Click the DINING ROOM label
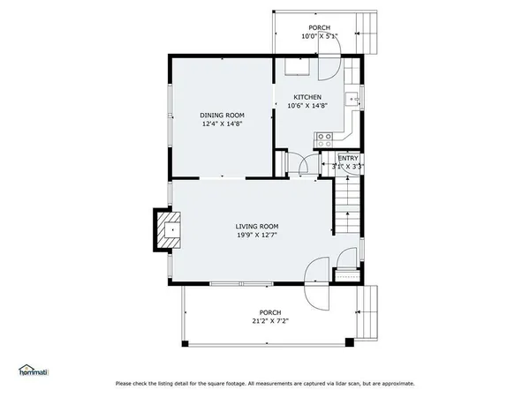point(222,116)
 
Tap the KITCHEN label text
point(307,97)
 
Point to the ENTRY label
point(336,157)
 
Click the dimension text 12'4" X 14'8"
point(222,124)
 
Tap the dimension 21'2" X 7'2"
point(269,321)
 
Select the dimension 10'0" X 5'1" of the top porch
point(318,36)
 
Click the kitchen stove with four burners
point(324,137)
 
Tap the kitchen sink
point(352,98)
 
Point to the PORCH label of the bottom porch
point(269,312)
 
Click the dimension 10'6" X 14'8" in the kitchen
point(307,106)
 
